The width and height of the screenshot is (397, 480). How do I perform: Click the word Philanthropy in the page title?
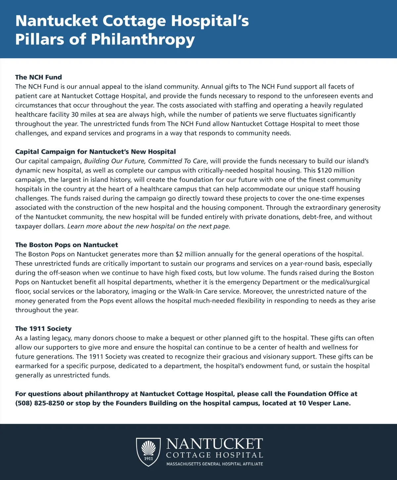click(x=143, y=39)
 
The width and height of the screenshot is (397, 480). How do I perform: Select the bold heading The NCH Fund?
click(x=38, y=77)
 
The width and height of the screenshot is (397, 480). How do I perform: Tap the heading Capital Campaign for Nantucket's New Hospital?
click(x=95, y=152)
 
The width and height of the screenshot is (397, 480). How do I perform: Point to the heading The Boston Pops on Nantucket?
click(x=66, y=245)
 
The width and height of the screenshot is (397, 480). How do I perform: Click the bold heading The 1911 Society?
click(x=43, y=329)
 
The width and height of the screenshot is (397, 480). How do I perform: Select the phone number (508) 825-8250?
click(x=40, y=403)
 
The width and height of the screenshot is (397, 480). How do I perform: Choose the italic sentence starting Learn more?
click(x=149, y=226)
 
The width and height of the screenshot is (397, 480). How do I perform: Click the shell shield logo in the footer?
click(x=149, y=452)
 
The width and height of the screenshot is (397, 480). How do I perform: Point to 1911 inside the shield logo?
click(x=149, y=458)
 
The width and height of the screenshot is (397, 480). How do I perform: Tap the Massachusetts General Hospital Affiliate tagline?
click(x=215, y=464)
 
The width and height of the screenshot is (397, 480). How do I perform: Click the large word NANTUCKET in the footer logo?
click(x=214, y=444)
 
